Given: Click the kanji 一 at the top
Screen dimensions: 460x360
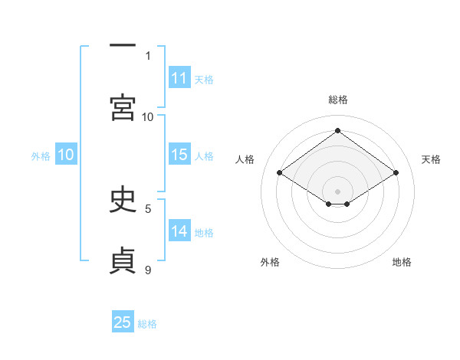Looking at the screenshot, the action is [x=123, y=45].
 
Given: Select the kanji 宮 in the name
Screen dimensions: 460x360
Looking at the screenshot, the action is [x=123, y=107].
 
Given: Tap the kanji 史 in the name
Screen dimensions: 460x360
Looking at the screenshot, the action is [x=123, y=198].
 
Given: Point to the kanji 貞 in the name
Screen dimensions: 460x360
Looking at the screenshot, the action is [x=123, y=260].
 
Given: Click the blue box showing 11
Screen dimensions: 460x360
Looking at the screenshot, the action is [x=179, y=77].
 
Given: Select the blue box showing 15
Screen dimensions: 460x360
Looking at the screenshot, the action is [x=179, y=154].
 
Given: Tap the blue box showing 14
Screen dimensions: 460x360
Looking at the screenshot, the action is [x=179, y=230].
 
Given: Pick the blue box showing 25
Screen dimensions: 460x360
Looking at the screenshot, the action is [x=123, y=321].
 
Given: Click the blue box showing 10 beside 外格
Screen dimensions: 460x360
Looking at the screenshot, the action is [x=66, y=154].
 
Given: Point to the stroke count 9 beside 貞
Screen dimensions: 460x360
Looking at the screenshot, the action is [x=148, y=270].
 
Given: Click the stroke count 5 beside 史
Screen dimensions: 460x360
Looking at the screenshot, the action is [x=148, y=209].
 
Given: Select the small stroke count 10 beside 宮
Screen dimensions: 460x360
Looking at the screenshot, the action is [x=147, y=117].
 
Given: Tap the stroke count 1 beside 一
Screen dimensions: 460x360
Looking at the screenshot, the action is [x=148, y=56].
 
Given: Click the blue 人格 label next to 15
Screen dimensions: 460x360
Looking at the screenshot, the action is [x=204, y=156].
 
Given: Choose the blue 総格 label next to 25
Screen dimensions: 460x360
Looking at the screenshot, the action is [x=147, y=324].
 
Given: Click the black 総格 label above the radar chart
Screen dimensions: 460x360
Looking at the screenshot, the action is [x=338, y=100].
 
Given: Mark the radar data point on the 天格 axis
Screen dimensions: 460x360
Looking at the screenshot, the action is [x=396, y=172].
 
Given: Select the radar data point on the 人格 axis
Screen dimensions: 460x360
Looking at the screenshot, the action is [x=280, y=172].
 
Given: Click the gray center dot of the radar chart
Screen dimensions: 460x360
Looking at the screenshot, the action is [x=337, y=191].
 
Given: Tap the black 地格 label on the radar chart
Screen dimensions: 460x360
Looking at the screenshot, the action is [x=402, y=262].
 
